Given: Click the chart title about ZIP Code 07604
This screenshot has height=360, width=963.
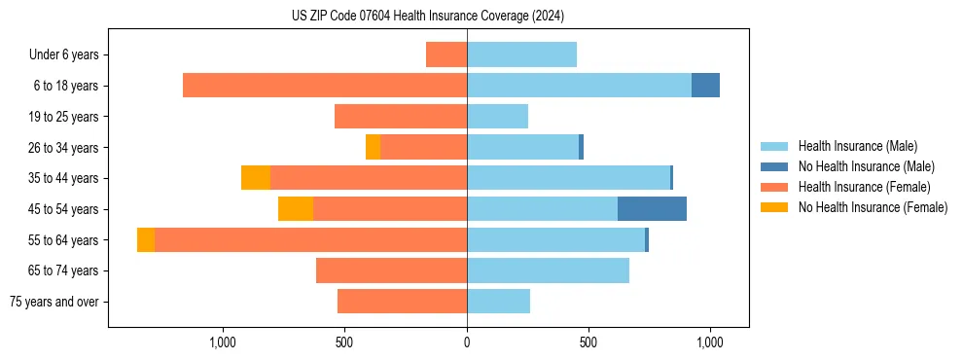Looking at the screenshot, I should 427,16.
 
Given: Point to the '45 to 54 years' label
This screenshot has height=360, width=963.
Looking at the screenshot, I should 63,209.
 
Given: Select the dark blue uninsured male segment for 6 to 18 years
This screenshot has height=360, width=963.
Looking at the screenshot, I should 705,86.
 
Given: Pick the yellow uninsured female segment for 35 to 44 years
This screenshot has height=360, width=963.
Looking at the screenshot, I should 256,178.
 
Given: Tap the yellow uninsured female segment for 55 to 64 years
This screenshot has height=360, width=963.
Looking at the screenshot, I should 146,240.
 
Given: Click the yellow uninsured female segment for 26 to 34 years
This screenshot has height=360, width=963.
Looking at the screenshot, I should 373,147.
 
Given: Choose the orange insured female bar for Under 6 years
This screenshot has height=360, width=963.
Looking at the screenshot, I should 446,54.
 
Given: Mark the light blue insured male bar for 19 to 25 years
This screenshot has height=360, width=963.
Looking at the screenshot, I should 497,117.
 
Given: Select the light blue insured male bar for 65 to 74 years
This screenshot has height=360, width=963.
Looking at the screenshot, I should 548,270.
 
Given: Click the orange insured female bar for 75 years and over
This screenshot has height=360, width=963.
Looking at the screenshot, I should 402,302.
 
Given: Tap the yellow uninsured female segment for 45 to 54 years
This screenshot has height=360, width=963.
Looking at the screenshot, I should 296,209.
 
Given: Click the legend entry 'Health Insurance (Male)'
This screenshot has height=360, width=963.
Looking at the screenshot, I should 857,146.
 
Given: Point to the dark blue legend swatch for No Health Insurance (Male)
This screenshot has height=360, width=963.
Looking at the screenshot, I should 774,166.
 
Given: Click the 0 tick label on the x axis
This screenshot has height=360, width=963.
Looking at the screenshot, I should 467,342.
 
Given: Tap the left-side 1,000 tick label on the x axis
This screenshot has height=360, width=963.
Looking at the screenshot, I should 223,342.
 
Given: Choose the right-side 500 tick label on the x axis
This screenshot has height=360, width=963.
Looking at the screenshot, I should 588,342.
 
